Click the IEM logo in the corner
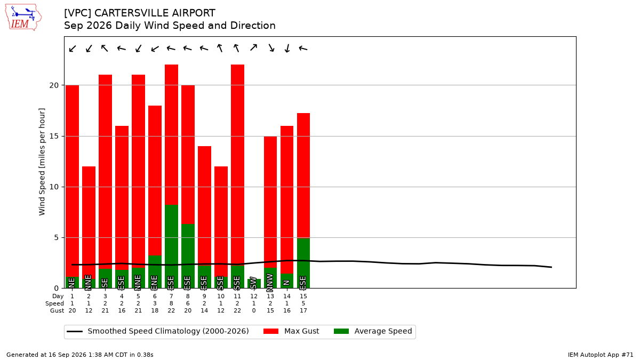[x=23, y=18]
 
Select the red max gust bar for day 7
[x=171, y=134]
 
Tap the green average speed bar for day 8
[x=188, y=256]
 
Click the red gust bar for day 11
[x=238, y=165]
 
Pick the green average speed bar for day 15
[x=303, y=263]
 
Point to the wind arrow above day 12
[x=254, y=47]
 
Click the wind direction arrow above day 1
[x=73, y=49]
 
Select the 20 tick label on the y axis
[x=54, y=85]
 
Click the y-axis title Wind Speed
[x=42, y=162]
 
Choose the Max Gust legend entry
[x=291, y=331]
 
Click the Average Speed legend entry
[x=373, y=331]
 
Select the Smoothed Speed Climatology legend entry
[x=158, y=331]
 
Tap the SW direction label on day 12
[x=253, y=283]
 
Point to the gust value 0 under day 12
[x=254, y=310]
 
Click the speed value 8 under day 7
[x=171, y=303]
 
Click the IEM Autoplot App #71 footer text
[x=601, y=355]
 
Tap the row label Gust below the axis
[x=57, y=310]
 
